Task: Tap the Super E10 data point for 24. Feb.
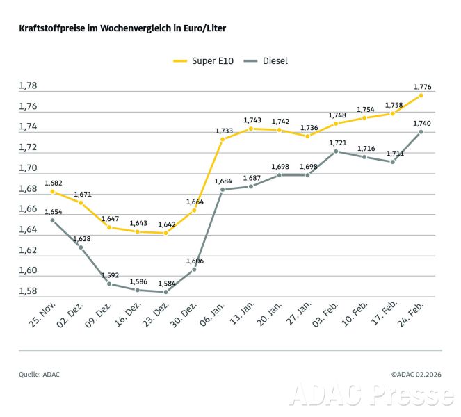(x=421, y=95)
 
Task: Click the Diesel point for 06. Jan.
(x=223, y=189)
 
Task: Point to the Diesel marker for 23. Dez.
(x=165, y=292)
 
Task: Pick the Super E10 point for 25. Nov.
(x=52, y=191)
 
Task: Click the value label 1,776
(x=423, y=87)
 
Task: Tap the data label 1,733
(x=223, y=131)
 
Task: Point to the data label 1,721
(x=337, y=142)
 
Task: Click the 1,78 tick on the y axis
(x=28, y=86)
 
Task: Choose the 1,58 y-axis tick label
(x=28, y=291)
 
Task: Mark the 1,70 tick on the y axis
(x=28, y=168)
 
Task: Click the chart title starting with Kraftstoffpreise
(x=122, y=28)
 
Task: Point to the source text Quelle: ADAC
(x=39, y=375)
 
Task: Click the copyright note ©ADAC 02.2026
(x=416, y=375)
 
